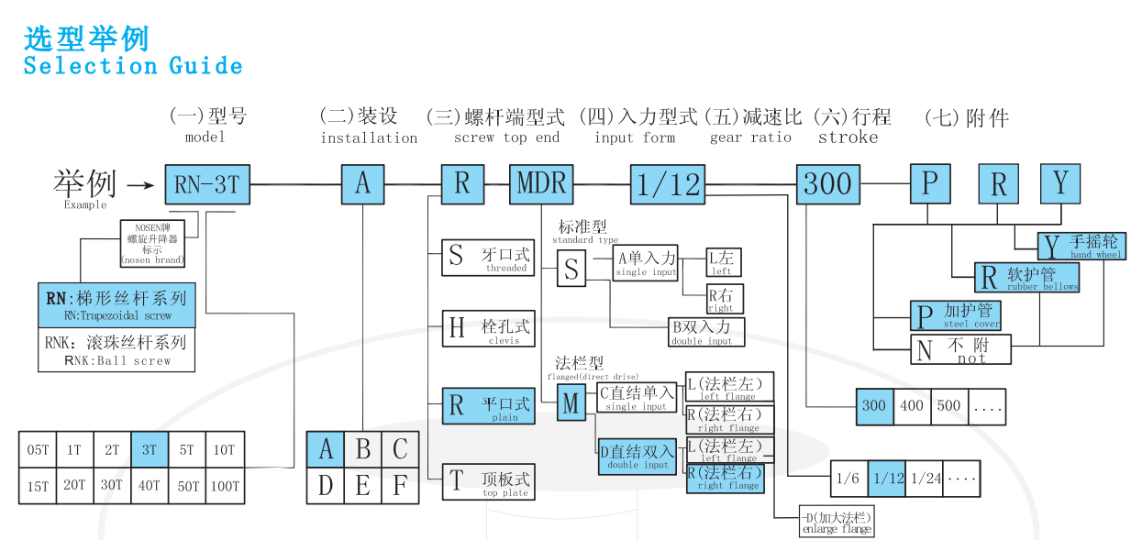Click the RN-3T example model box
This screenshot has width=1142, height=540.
[206, 184]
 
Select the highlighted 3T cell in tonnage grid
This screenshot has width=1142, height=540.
[149, 450]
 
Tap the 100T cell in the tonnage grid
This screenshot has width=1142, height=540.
[224, 486]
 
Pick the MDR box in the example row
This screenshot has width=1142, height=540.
[541, 184]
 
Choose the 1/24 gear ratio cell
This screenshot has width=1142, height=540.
[926, 479]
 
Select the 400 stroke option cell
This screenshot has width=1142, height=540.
[912, 405]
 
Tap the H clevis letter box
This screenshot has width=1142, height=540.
[456, 327]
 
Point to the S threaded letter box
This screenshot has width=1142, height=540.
[456, 256]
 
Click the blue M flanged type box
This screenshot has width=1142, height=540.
[571, 403]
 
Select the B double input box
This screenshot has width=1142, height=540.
[706, 331]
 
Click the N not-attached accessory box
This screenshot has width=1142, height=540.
[925, 350]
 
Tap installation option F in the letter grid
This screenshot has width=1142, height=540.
[400, 485]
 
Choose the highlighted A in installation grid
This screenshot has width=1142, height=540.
[325, 450]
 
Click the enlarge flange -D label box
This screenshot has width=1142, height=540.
[837, 520]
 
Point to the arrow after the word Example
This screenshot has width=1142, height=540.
[139, 185]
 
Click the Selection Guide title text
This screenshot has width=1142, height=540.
[133, 66]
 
